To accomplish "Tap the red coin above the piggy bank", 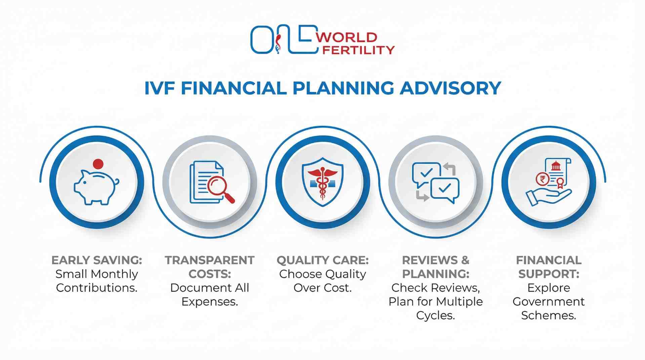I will (x=98, y=164).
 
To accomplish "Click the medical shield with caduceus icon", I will (x=322, y=182).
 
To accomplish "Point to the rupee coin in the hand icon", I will (x=542, y=179).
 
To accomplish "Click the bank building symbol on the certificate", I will (x=556, y=166).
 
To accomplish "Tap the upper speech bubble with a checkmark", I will (x=426, y=173).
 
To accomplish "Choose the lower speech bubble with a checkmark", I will (x=445, y=189).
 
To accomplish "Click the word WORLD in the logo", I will (x=347, y=37).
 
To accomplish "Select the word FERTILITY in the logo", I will (x=358, y=50).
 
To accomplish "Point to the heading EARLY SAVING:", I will (x=97, y=260).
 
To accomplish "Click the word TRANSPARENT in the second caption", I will (x=209, y=260).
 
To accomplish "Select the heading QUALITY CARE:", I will (x=322, y=260).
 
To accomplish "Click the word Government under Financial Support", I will (x=549, y=302).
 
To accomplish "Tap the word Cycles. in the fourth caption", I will (x=435, y=315).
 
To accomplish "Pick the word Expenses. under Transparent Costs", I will (x=209, y=302).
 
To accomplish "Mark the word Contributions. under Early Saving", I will (x=97, y=288).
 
